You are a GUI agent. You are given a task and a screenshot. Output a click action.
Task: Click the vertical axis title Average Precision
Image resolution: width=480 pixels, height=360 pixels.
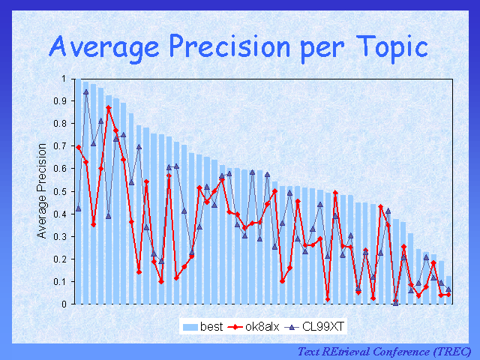coord(42,191)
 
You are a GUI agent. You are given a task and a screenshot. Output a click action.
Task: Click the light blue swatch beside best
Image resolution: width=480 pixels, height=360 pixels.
coord(187,327)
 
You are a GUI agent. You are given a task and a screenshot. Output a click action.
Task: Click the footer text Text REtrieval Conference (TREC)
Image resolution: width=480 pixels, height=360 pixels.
coord(384,351)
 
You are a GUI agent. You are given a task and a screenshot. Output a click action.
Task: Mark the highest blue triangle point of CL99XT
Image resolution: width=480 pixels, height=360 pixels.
coord(85,91)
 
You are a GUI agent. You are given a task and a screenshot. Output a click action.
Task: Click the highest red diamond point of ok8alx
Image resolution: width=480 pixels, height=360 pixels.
coord(109,108)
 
